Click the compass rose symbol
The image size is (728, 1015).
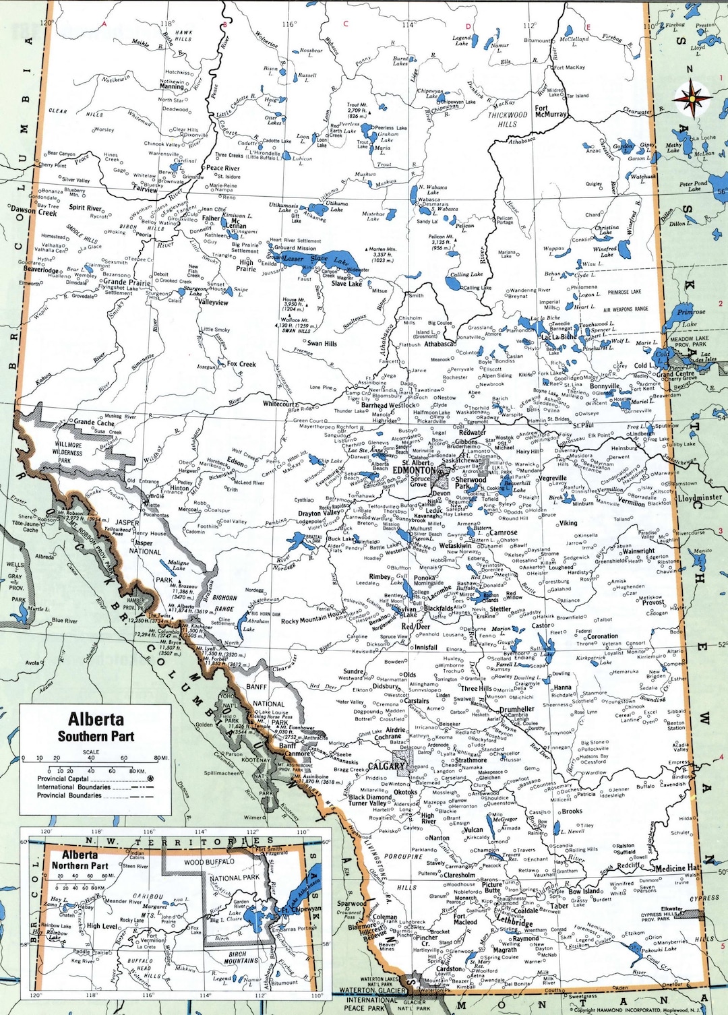pos(692,99)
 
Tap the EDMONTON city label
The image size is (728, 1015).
pos(414,470)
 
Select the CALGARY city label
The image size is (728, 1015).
pos(386,766)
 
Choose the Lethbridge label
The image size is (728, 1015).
pos(514,922)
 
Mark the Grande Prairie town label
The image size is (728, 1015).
pos(127,282)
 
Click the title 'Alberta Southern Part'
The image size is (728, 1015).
pos(96,727)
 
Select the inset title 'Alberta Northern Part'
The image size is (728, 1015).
pos(80,860)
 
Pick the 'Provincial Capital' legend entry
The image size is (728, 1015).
pos(63,778)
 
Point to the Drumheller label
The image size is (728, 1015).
pos(516,709)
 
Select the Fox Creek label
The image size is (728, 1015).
pos(241,364)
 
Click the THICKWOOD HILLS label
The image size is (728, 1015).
pos(508,119)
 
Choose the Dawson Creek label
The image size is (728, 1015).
pos(34,212)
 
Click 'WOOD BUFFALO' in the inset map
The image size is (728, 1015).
pos(209,862)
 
